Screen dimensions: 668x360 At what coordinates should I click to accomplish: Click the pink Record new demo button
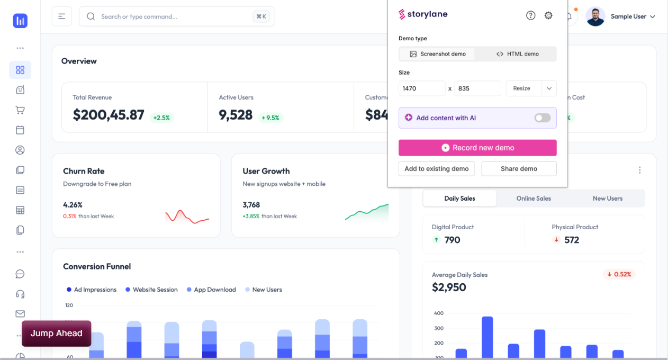[477, 148]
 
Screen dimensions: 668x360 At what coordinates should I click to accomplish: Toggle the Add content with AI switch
[543, 118]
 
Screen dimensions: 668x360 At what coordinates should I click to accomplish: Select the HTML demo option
[517, 54]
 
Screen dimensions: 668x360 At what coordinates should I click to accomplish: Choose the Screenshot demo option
[437, 54]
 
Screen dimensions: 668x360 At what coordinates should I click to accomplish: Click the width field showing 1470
[422, 88]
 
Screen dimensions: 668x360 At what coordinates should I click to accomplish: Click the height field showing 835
[477, 88]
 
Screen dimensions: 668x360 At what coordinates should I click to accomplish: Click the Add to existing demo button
[437, 169]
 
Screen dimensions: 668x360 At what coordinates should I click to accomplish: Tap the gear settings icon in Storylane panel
[548, 15]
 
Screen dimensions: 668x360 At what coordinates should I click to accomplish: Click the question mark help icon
[530, 15]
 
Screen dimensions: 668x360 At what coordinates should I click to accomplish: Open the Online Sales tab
[534, 199]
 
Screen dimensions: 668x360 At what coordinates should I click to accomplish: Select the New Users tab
[608, 199]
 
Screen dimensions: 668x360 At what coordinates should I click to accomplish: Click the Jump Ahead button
[56, 333]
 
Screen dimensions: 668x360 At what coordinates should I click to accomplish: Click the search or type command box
[177, 16]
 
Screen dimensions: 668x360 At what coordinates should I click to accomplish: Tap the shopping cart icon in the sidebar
[20, 110]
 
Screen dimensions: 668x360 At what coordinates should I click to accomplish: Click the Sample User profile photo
[595, 16]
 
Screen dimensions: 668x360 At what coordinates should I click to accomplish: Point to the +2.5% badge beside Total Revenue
[161, 118]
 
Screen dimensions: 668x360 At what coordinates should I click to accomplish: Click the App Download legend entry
[211, 290]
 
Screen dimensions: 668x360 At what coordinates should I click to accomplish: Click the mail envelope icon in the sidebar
[20, 314]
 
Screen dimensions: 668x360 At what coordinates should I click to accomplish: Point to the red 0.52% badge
[619, 274]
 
